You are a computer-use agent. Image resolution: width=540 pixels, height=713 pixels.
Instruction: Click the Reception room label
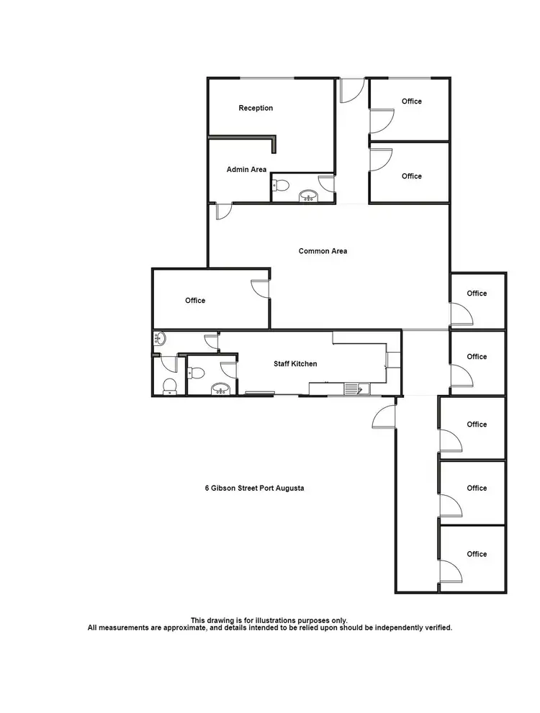pos(256,109)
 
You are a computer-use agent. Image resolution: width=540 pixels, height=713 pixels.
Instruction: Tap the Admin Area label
pos(246,170)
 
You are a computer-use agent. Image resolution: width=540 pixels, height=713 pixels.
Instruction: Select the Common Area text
pos(323,251)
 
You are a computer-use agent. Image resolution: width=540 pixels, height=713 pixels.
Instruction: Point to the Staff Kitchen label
pos(294,364)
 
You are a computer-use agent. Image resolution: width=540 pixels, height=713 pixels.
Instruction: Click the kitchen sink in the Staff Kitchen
pos(353,389)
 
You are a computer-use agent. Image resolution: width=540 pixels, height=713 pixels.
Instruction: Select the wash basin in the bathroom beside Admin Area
pos(309,195)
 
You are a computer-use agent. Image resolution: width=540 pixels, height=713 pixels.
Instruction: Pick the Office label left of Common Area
pos(195,301)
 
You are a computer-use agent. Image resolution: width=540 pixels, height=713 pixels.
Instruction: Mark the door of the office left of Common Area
pos(258,287)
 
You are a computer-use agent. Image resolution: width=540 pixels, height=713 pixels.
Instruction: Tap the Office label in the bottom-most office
pos(477,554)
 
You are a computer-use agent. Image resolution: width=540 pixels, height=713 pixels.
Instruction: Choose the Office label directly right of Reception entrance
pos(412,101)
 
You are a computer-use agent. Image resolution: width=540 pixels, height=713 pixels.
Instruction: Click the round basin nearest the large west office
pos(160,338)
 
